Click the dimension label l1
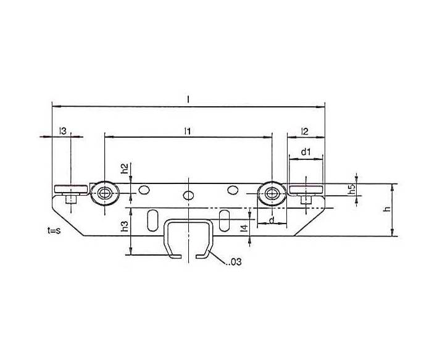point(188,131)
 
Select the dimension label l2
point(305,131)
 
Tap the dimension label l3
point(63,131)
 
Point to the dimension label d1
point(306,152)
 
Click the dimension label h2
point(125,169)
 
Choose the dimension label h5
point(352,190)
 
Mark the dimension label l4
point(244,228)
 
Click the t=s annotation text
point(54,230)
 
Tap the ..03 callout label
point(234,262)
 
